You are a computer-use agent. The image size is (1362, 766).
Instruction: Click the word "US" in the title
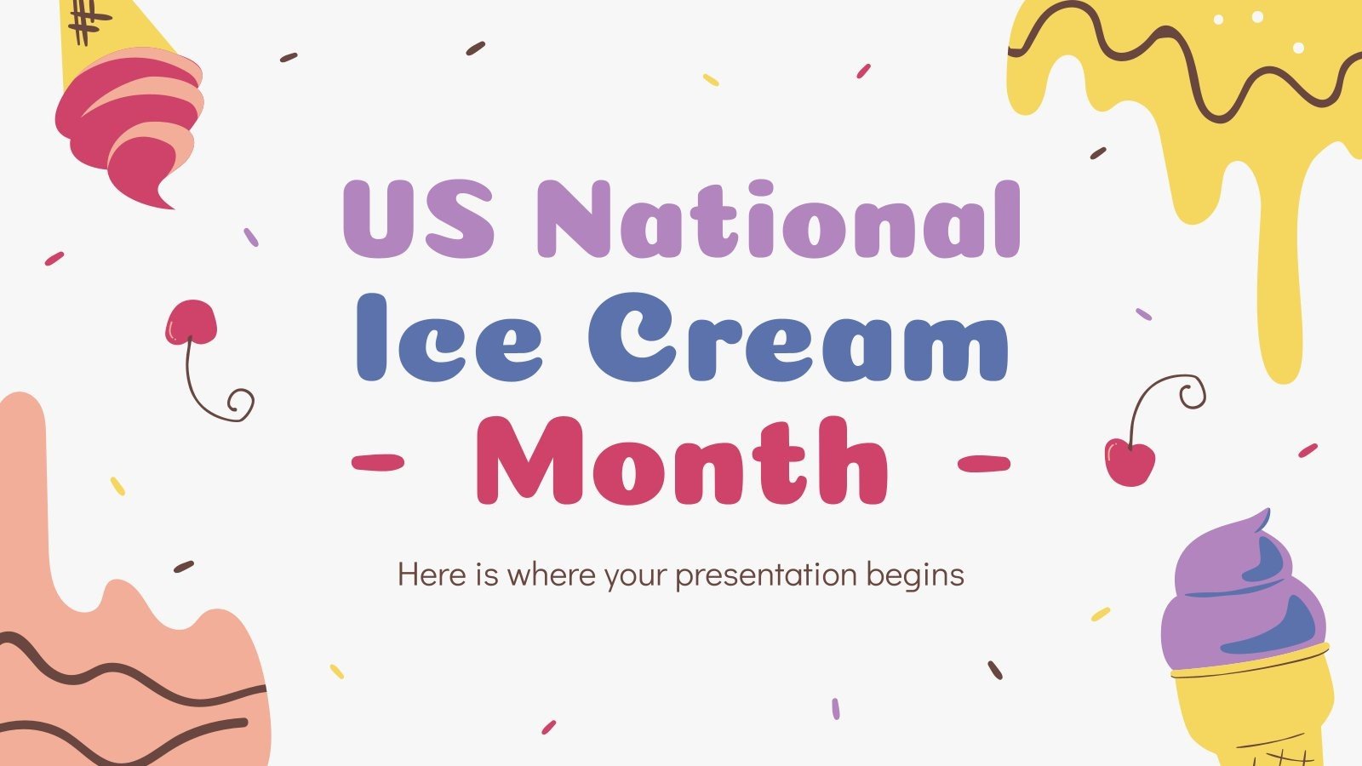coord(417,220)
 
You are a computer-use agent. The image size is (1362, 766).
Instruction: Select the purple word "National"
coord(778,220)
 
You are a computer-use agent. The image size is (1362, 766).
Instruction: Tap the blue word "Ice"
coord(448,339)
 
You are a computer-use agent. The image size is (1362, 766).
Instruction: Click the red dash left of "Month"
coord(378,462)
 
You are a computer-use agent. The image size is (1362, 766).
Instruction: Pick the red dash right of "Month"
coord(983,464)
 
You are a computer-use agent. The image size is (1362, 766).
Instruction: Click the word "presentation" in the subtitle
coord(765,575)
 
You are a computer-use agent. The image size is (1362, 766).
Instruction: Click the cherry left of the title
coord(192,323)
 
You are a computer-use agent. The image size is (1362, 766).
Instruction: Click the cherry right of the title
coord(1130,461)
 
